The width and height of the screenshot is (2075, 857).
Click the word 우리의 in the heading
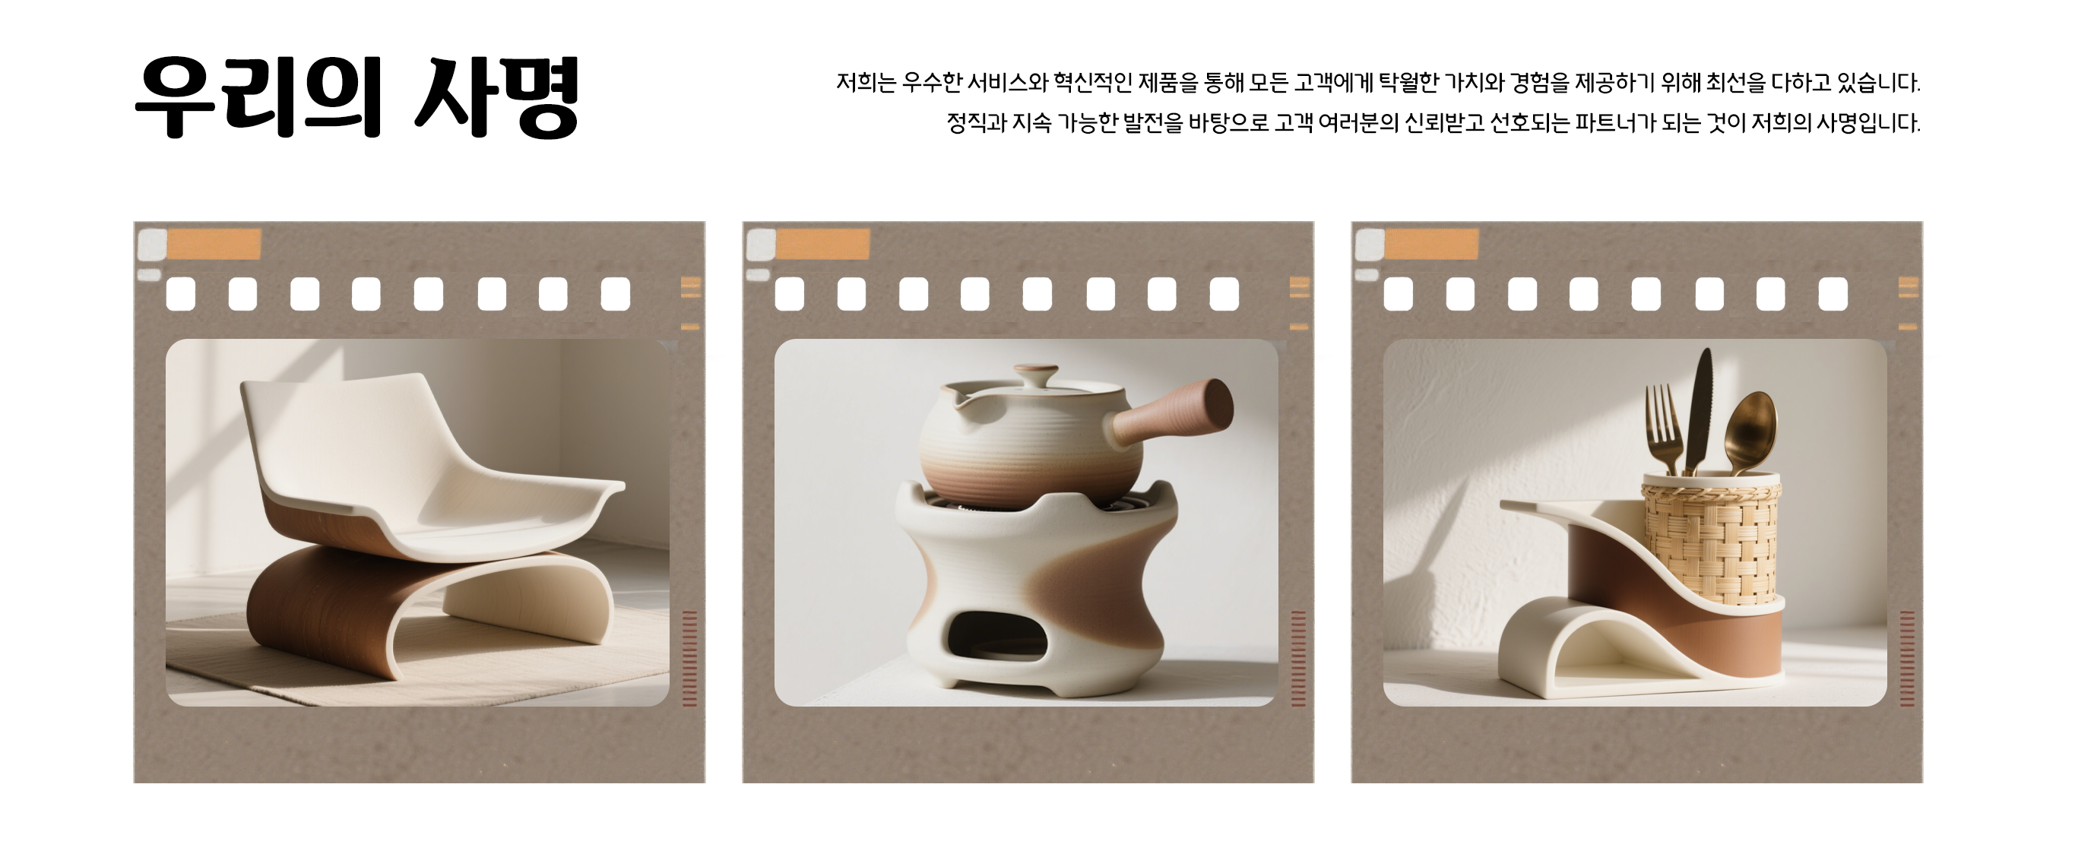(258, 96)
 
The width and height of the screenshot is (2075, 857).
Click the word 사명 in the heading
(496, 96)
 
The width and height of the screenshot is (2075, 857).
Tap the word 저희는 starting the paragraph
(866, 83)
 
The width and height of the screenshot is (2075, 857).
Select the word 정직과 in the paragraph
(976, 123)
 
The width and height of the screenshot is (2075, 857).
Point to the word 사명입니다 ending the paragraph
(1868, 123)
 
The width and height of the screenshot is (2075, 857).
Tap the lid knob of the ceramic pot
(1036, 377)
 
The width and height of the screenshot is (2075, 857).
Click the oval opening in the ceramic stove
(996, 637)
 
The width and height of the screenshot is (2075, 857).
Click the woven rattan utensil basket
(1711, 539)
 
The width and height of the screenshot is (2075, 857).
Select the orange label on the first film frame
(214, 244)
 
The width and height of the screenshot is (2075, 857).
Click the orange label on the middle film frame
(823, 244)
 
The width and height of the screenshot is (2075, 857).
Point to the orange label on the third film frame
(1432, 244)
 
